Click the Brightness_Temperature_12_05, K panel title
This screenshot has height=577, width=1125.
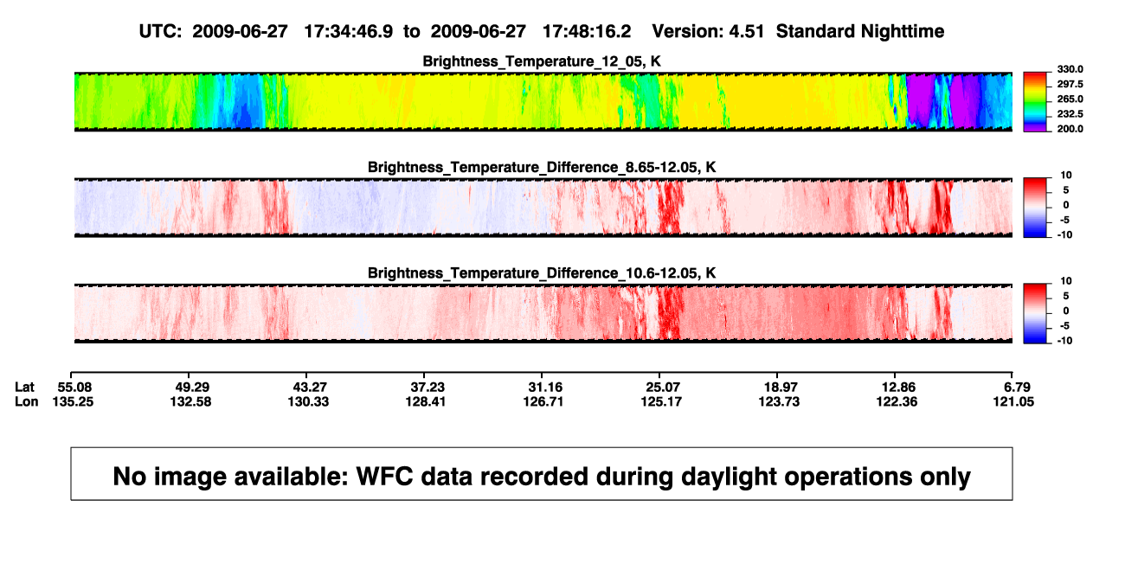[x=542, y=61]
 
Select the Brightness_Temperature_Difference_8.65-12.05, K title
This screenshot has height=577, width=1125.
[x=542, y=167]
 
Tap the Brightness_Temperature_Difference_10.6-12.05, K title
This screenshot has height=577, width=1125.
[x=542, y=273]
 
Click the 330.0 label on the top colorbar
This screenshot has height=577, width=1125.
[x=1070, y=69]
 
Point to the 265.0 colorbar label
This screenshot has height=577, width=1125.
[x=1070, y=99]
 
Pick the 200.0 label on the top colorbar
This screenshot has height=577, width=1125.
[x=1070, y=129]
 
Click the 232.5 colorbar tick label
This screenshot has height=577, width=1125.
[x=1070, y=114]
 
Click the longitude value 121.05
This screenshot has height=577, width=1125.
[x=1013, y=401]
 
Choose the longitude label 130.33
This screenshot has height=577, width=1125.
[x=308, y=401]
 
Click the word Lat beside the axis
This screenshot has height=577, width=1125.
[x=24, y=388]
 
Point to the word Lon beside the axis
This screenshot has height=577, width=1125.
[x=26, y=401]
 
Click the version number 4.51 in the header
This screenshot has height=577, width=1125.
[x=746, y=32]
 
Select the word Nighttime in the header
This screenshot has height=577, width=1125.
[x=902, y=32]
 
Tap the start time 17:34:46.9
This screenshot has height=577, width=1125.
[x=349, y=32]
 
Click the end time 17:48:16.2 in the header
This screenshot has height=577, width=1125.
[x=587, y=32]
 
